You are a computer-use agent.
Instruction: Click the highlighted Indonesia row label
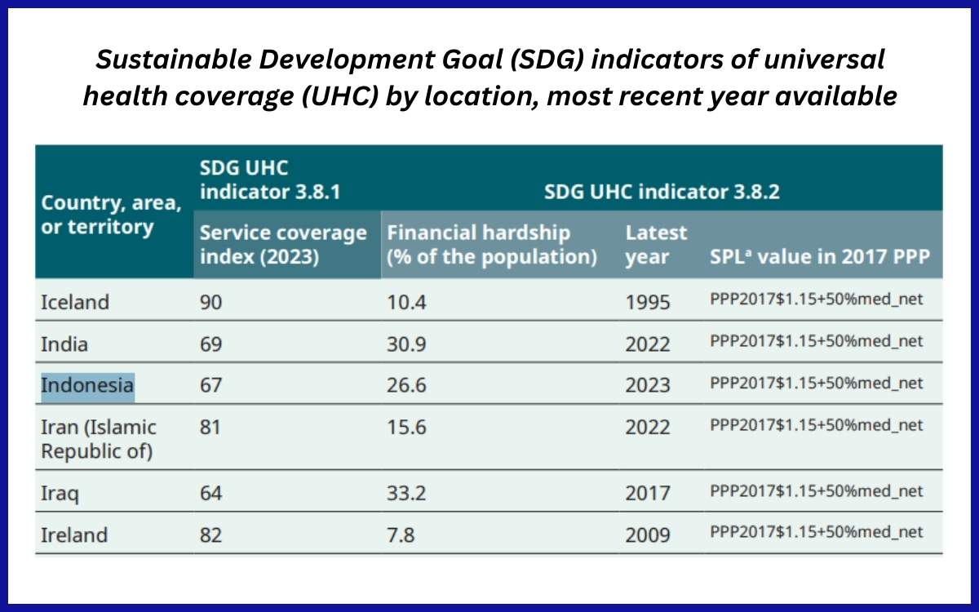click(x=87, y=384)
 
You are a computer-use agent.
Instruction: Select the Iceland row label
click(x=74, y=301)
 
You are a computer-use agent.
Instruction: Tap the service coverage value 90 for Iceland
click(x=210, y=301)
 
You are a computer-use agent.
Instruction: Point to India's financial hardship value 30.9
click(x=406, y=343)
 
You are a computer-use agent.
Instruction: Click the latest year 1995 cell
click(x=648, y=301)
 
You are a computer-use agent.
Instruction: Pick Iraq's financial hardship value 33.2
click(x=406, y=492)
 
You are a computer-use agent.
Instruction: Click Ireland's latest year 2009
click(x=648, y=534)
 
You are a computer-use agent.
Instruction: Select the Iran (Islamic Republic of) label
click(x=99, y=438)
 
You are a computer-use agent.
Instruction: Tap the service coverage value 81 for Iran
click(x=210, y=426)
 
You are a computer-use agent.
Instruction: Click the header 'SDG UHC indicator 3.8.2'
click(x=662, y=192)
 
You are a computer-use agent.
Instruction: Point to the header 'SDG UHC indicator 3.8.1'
click(x=269, y=180)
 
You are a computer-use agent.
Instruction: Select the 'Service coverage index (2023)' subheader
click(x=283, y=244)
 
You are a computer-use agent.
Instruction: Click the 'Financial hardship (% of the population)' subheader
click(x=492, y=244)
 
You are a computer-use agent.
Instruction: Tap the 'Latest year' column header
click(x=656, y=244)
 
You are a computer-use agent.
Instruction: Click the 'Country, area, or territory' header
click(x=111, y=213)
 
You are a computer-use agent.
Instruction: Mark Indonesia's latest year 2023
click(x=648, y=384)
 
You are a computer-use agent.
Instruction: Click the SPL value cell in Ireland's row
click(x=817, y=532)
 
